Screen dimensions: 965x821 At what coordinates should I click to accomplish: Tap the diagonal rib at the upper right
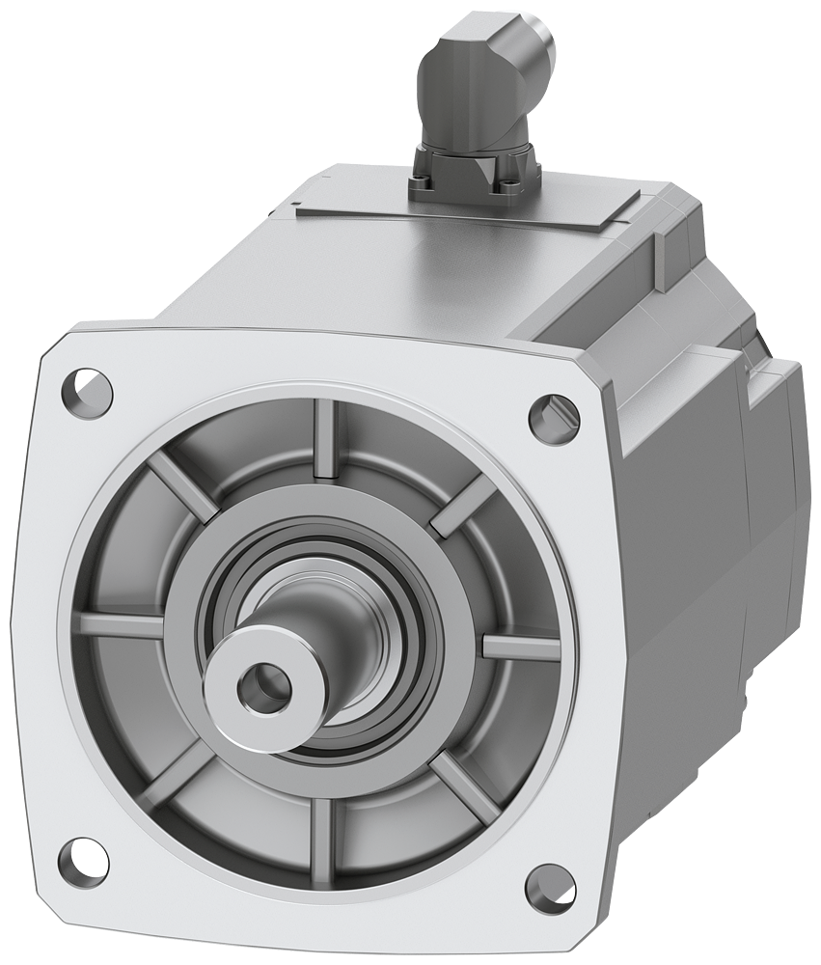(x=461, y=506)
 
